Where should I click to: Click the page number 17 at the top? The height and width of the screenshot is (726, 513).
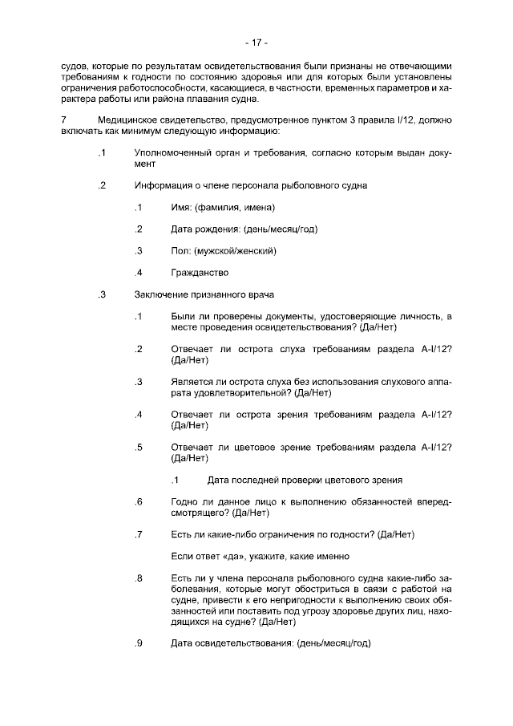click(256, 42)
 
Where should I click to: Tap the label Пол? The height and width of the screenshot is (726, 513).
click(180, 250)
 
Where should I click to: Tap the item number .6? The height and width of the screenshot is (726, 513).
click(139, 501)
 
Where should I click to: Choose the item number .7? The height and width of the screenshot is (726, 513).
click(139, 534)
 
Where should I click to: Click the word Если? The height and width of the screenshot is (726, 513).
click(183, 556)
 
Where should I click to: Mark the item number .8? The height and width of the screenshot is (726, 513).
click(139, 578)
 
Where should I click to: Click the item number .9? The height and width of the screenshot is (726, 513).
click(139, 643)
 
